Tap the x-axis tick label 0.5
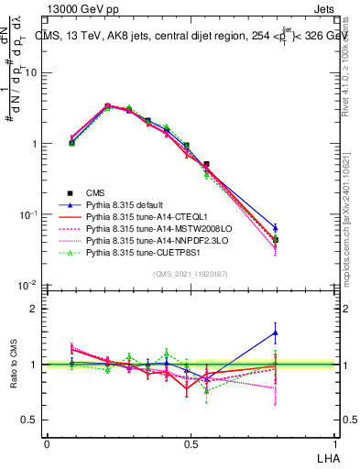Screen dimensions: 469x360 pos(190,443)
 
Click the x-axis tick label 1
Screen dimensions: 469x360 pos(333,443)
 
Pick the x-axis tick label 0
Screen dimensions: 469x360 pos(47,443)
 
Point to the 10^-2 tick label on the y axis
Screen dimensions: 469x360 pos(30,286)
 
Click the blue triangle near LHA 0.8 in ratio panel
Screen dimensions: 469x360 pos(276,333)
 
